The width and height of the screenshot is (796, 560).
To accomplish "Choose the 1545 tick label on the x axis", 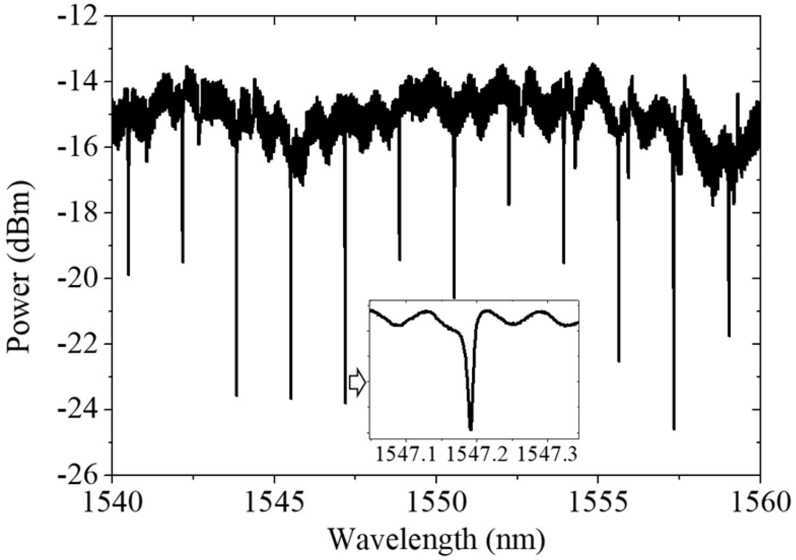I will (274, 504).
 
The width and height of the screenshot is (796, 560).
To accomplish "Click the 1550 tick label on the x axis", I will (436, 504).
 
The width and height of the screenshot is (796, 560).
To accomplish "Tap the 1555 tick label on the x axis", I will (598, 504).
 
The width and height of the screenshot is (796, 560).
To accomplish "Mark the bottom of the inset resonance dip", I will (471, 429).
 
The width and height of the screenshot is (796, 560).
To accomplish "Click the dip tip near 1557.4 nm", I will (674, 429).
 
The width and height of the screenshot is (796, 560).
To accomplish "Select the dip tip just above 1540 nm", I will (128, 274).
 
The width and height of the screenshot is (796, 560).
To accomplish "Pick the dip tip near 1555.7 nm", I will (619, 361).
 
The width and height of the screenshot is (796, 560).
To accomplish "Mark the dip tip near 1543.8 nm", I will (236, 396).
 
